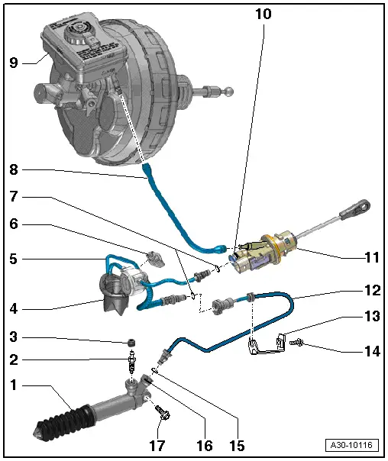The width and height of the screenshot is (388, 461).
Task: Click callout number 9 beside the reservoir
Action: point(13,64)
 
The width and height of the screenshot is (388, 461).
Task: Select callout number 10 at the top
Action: point(263,14)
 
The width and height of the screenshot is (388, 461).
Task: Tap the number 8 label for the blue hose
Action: point(13,169)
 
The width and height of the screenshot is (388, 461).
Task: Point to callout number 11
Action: point(371,259)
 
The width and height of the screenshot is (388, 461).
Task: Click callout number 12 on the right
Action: point(371,291)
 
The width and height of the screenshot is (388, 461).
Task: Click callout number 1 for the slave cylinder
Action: point(13,386)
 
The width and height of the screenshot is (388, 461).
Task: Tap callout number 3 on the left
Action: point(13,336)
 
